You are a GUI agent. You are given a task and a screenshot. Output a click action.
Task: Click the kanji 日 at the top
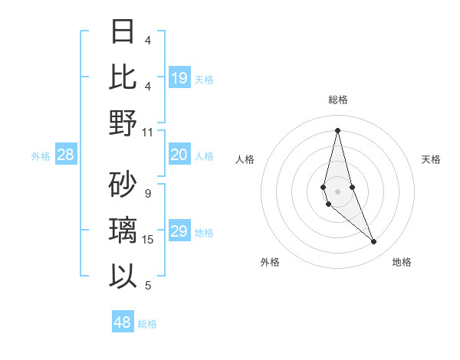(x=123, y=31)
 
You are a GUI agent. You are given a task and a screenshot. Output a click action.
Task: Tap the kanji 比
(x=123, y=77)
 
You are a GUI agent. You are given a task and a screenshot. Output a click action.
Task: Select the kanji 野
(x=123, y=123)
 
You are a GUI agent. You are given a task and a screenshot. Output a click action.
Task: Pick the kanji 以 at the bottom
(x=123, y=275)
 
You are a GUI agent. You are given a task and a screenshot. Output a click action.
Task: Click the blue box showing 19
(x=179, y=77)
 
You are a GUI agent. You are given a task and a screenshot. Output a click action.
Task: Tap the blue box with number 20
(x=179, y=155)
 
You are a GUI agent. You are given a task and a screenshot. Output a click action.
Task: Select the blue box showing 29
(x=179, y=231)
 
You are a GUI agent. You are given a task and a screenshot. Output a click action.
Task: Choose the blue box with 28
(x=66, y=155)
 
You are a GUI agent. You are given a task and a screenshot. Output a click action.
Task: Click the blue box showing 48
(x=123, y=322)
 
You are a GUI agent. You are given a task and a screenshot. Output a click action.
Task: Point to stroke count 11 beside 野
(x=148, y=133)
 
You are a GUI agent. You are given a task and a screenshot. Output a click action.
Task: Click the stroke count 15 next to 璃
(x=148, y=240)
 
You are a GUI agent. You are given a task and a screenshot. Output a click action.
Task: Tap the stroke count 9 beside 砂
(x=148, y=194)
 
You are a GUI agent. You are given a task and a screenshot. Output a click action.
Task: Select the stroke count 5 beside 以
(x=148, y=286)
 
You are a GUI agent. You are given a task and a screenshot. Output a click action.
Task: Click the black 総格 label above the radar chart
(x=337, y=100)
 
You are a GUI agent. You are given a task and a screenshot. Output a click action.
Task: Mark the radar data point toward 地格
(x=374, y=242)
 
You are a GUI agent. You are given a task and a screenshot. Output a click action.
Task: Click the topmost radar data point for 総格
(x=337, y=129)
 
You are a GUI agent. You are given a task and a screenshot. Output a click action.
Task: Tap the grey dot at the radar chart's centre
(x=337, y=181)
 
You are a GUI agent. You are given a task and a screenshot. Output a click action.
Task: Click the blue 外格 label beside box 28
(x=41, y=156)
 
